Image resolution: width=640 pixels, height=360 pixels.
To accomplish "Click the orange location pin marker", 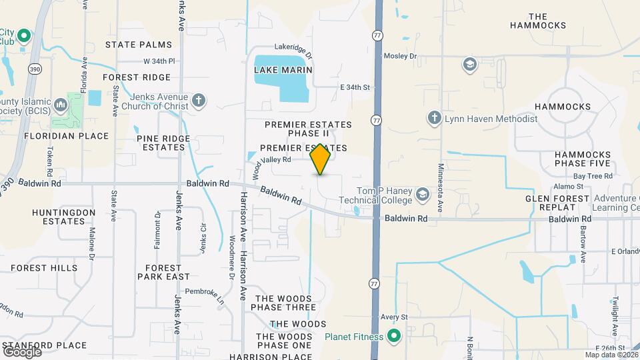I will [x=321, y=159].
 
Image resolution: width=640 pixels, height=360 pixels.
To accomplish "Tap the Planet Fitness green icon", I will [x=393, y=336].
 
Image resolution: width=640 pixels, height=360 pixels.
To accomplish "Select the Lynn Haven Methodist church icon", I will [x=434, y=118].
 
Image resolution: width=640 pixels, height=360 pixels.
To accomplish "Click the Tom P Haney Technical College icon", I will [x=421, y=195].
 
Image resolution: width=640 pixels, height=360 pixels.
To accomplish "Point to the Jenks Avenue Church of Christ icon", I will [x=198, y=101].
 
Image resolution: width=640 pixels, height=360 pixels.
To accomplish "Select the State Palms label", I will [x=139, y=45].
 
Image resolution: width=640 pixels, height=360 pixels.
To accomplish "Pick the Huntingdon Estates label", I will [x=59, y=216].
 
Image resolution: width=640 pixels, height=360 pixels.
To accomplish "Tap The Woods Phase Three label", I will [x=283, y=303].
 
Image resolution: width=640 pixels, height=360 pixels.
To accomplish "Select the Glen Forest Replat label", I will [x=557, y=203].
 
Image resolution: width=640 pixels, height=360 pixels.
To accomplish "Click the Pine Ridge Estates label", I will [x=163, y=143].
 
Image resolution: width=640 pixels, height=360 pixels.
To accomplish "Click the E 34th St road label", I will [x=354, y=87].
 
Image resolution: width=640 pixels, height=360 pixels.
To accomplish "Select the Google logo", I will [x=22, y=351].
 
